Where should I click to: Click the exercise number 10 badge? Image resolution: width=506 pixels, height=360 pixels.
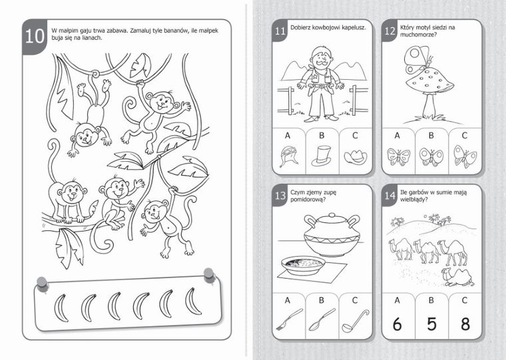35,37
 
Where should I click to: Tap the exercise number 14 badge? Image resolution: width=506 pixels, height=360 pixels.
389,196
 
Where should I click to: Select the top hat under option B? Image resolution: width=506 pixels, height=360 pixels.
322,156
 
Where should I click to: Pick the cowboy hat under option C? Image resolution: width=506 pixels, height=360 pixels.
356,156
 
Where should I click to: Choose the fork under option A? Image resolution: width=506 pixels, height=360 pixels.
289,319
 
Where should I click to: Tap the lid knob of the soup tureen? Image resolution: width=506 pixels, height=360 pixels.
332,215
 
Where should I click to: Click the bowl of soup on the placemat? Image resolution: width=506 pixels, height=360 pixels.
303,266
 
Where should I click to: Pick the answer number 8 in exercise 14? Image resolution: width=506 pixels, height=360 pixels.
465,324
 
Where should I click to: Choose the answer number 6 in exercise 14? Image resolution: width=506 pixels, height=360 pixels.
397,324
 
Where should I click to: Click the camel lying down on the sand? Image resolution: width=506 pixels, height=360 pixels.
457,277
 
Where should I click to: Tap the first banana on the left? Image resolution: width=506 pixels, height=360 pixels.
61,307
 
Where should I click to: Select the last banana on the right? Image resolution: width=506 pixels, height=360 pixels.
193,301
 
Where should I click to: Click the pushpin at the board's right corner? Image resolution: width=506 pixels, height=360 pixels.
209,275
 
